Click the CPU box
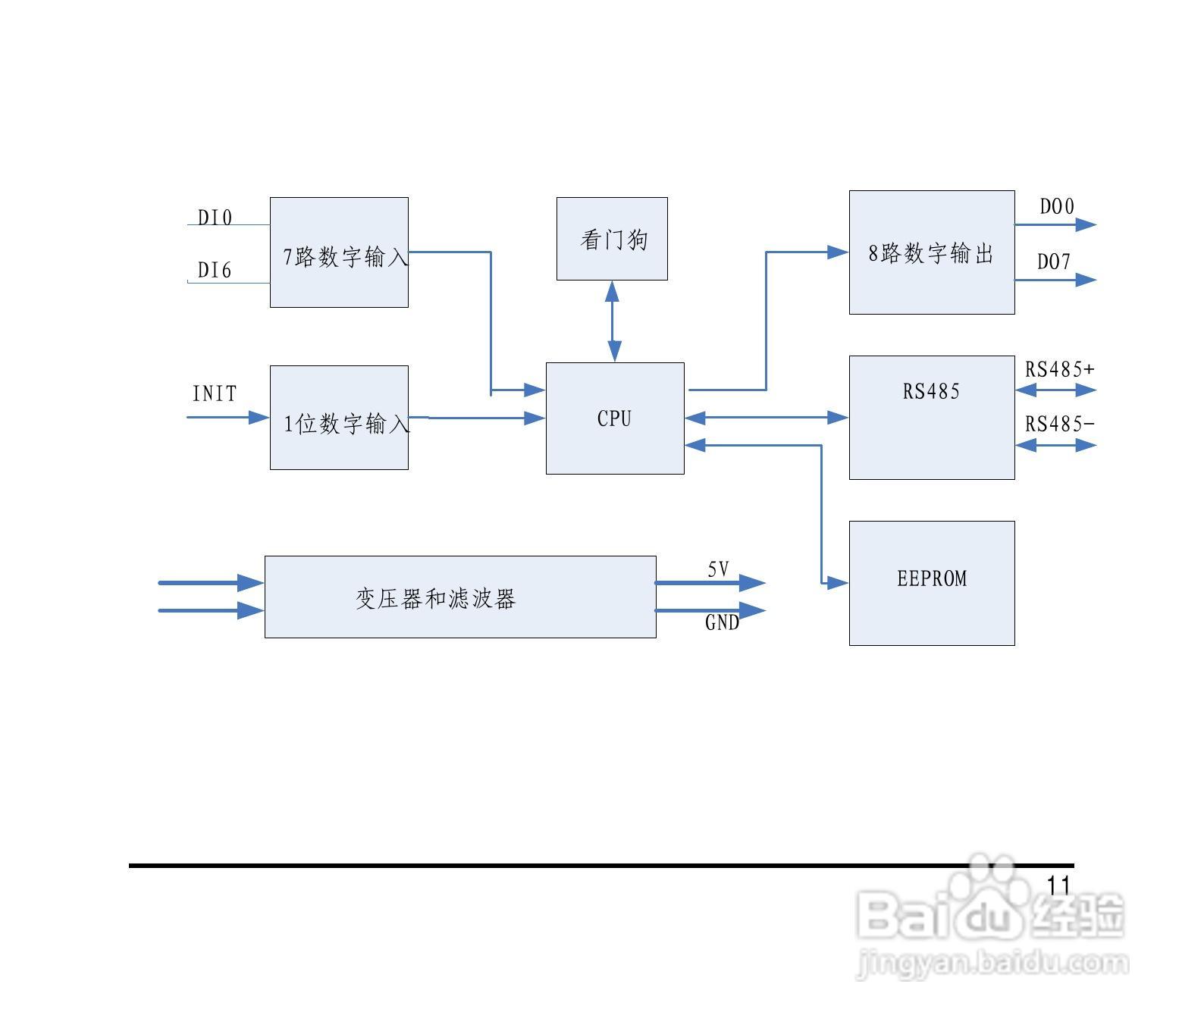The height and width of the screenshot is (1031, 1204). coord(615,418)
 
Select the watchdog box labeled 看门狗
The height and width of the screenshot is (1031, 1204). coord(612,239)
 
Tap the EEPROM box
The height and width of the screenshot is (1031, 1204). coord(932,582)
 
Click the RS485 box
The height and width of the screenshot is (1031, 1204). coord(932,417)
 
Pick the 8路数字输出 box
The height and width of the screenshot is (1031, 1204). coord(932,252)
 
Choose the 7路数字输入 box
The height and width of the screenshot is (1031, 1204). coord(339,253)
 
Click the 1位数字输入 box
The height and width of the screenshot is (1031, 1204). coord(339,418)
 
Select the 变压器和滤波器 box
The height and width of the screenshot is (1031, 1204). coord(460,597)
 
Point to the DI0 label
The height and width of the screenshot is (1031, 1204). coord(215,218)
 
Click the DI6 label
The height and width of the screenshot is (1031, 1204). coord(215,271)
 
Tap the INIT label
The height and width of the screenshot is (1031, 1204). coord(215,394)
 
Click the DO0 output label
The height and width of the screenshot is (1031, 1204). coord(1056,206)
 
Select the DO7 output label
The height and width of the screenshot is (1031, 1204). coord(1054,262)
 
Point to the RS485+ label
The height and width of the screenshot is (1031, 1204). coord(1060,369)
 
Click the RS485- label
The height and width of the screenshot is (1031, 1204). coord(1060,425)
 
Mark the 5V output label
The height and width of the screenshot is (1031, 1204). coord(718,569)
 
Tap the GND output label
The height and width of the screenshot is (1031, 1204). coord(722,622)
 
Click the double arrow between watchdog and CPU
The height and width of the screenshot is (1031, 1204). coord(613,321)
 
